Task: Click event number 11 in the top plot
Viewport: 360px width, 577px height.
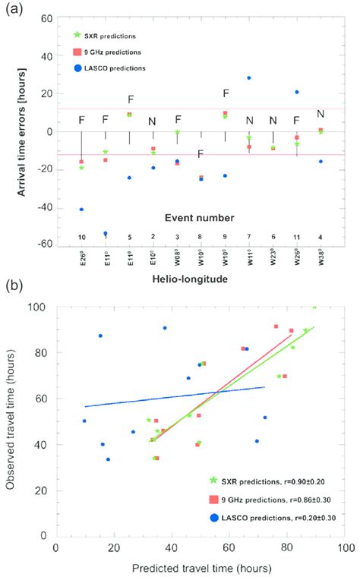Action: point(296,238)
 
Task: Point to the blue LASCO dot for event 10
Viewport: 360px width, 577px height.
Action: point(81,209)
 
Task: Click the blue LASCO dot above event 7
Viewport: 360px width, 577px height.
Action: point(248,78)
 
